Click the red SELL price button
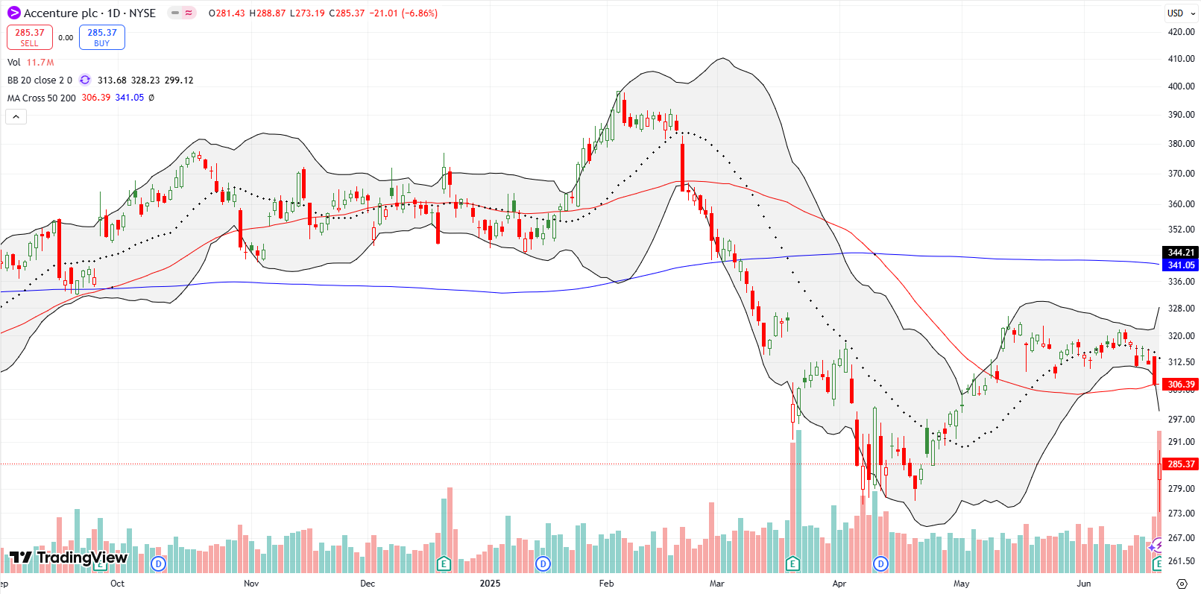30,37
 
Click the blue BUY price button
102,37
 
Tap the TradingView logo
69,557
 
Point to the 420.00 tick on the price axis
1181,32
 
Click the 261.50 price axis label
1181,561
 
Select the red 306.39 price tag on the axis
1181,385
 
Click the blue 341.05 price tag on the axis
1181,265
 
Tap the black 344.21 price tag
1181,253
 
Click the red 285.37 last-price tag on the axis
1181,464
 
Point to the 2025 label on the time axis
490,584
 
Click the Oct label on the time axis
117,584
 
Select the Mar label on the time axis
716,584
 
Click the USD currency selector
1176,13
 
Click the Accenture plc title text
61,13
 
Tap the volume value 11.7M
40,63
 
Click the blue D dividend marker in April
881,563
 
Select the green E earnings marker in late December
444,563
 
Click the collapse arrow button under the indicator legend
16,116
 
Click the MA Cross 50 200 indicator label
42,98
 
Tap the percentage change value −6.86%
419,13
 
